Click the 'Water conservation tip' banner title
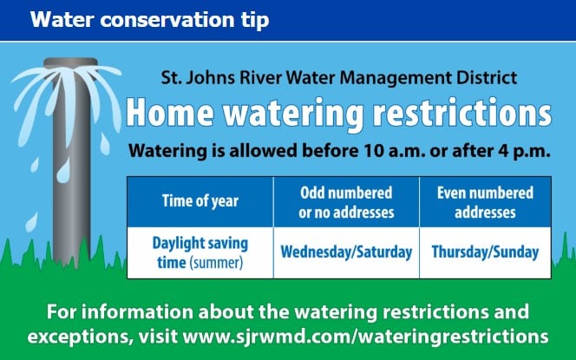pyautogui.click(x=149, y=20)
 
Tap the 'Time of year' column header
pyautogui.click(x=200, y=201)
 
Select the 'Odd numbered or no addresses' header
pyautogui.click(x=346, y=201)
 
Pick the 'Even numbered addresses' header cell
pyautogui.click(x=485, y=201)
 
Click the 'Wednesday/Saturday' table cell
pyautogui.click(x=346, y=252)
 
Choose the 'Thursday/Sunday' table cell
pyautogui.click(x=485, y=252)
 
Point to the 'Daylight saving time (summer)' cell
pyautogui.click(x=200, y=252)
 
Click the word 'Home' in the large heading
pyautogui.click(x=170, y=113)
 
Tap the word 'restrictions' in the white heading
pyautogui.click(x=462, y=113)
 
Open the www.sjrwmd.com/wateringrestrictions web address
pyautogui.click(x=365, y=337)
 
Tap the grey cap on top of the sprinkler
pyautogui.click(x=71, y=63)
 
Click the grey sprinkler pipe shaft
pyautogui.click(x=72, y=166)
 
